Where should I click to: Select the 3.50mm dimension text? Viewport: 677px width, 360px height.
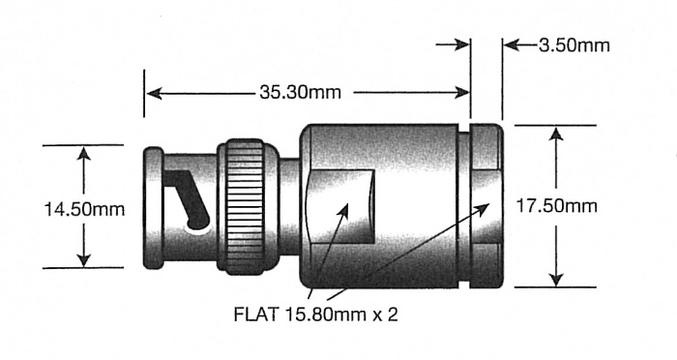tap(569, 45)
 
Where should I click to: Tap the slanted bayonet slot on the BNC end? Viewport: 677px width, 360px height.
tap(190, 199)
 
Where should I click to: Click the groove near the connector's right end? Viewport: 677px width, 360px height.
tap(463, 205)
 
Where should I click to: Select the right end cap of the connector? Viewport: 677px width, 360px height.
tap(486, 205)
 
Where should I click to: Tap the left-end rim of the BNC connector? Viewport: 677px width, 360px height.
tap(152, 205)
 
